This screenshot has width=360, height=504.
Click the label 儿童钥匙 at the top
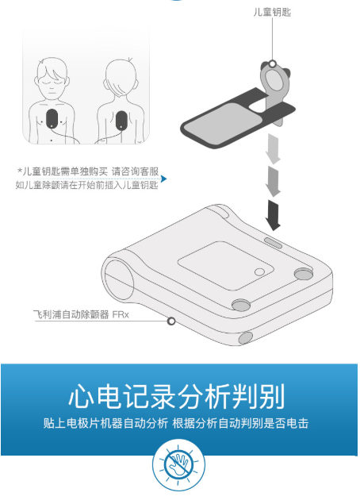tap(272, 13)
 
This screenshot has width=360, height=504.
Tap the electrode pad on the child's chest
tap(52, 118)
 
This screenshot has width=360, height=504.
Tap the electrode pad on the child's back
tap(121, 120)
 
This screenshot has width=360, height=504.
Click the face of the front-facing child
tap(52, 82)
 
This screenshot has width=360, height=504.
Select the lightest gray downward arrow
tap(273, 149)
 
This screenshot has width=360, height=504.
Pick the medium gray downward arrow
tap(273, 181)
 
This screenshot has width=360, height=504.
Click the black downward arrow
tap(273, 215)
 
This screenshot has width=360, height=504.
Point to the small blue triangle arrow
tap(164, 179)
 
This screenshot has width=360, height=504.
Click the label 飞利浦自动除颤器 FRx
tap(81, 314)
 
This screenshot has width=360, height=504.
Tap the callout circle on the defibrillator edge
tap(171, 321)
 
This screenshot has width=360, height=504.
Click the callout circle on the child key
tap(273, 63)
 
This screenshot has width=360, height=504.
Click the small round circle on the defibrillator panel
tap(259, 272)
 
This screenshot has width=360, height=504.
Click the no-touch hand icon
tap(178, 465)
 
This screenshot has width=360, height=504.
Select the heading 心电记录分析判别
tap(176, 396)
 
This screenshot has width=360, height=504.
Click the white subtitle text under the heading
tap(176, 423)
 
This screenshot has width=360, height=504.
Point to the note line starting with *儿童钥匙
tap(88, 171)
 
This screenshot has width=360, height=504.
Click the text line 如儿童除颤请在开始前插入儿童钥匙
tap(86, 185)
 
